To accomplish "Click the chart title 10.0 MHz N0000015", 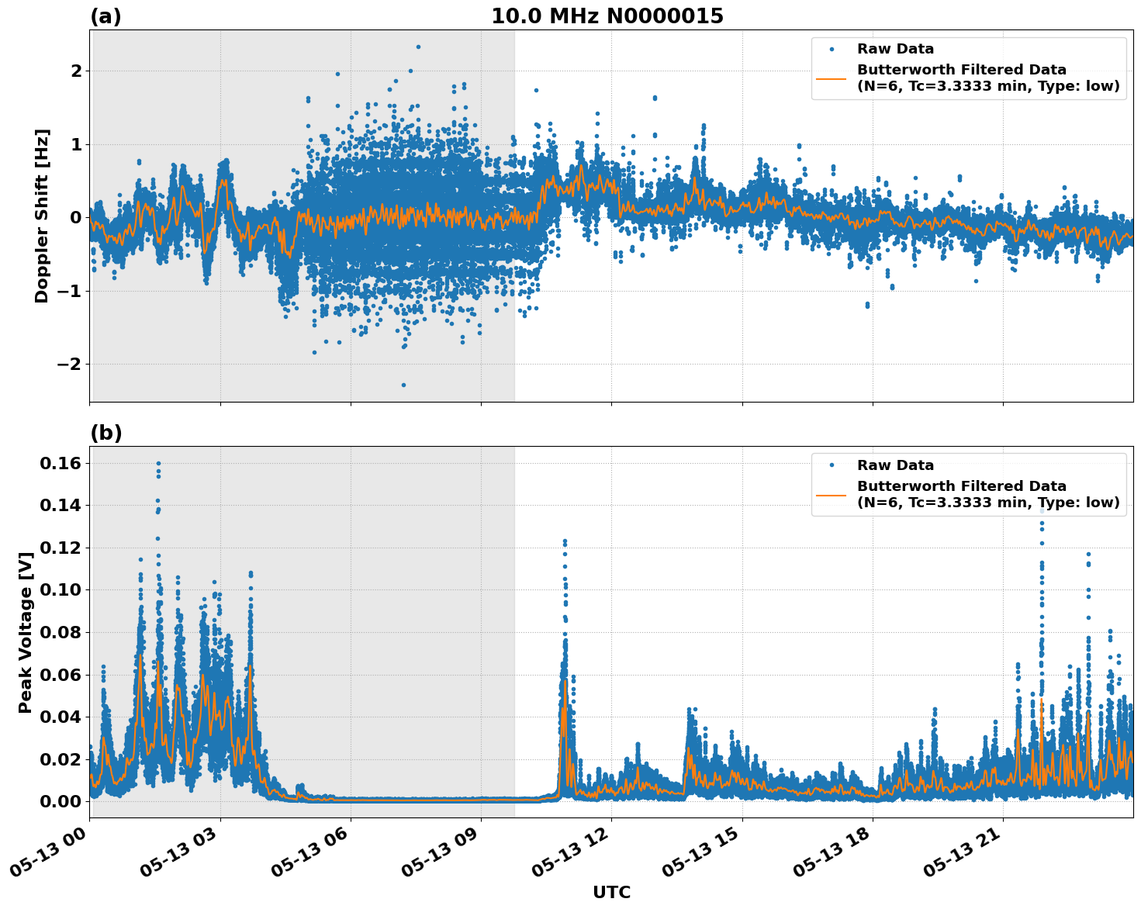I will [x=607, y=16].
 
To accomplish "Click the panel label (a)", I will [x=105, y=16].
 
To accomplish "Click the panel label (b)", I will [x=105, y=433].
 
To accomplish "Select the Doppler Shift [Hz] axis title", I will [x=42, y=216].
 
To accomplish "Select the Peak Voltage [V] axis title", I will [x=26, y=632].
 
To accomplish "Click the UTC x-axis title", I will [x=611, y=892].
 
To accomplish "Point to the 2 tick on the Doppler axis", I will [x=76, y=71].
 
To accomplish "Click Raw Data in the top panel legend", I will [x=895, y=49].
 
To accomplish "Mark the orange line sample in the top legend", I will [x=831, y=78].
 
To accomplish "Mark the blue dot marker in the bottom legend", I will [x=831, y=465].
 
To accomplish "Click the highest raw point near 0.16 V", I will [x=158, y=463].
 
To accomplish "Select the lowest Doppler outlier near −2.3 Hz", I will [x=403, y=385].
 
